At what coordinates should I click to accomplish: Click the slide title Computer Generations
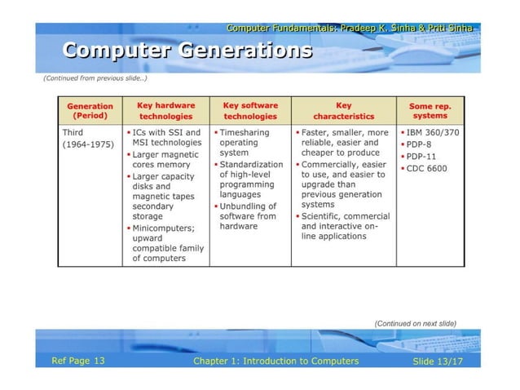coord(187,51)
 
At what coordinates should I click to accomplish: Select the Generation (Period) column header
coord(90,110)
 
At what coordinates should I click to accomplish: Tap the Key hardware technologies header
coord(165,110)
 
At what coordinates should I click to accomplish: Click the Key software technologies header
coord(249,110)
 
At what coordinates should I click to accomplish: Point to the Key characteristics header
coord(343,110)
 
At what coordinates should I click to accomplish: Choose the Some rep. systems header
coord(429,110)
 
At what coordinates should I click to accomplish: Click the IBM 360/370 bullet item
coord(432,131)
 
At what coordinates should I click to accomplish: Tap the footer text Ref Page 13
coord(78,361)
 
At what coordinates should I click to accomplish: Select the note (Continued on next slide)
coord(414,323)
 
